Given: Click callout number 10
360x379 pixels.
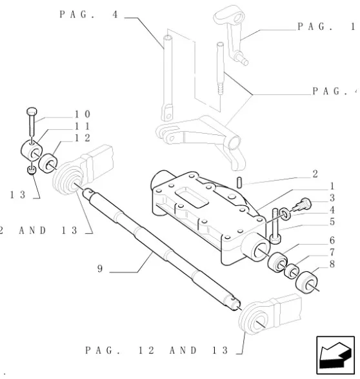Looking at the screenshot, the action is [83, 114].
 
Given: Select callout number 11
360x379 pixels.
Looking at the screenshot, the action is [83, 126].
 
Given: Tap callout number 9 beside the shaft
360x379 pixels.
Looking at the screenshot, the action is [100, 269].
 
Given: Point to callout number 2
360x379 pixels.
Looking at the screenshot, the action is [315, 174].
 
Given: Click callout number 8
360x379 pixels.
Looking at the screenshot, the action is [332, 264].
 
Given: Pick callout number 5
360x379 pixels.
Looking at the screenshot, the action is [332, 221].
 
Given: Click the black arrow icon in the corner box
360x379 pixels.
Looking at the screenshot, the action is [335, 355].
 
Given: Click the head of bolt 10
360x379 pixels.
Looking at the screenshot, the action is [32, 112].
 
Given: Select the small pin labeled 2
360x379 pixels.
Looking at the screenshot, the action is [239, 183].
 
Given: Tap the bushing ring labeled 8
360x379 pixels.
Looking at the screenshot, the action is [306, 282].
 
